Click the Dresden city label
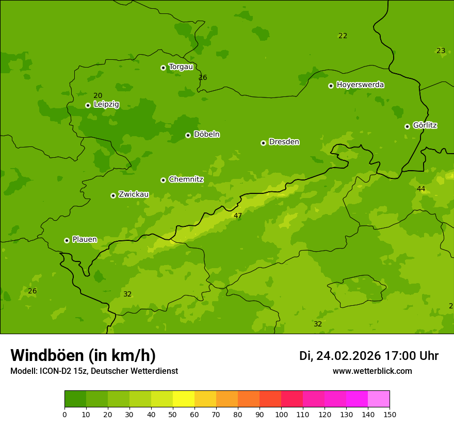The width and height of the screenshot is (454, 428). [284, 142]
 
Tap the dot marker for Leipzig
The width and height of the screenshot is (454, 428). [88, 105]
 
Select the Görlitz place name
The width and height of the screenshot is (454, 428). [425, 125]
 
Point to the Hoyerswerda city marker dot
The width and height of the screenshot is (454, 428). [331, 86]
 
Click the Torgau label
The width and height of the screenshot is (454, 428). [181, 67]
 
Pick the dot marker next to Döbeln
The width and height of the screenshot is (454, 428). [188, 135]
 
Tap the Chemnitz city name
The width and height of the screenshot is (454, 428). [186, 179]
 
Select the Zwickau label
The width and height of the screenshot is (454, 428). [134, 194]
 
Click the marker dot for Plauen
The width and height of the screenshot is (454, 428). [67, 240]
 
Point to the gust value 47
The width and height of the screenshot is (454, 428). [238, 216]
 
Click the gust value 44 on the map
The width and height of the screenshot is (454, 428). [421, 189]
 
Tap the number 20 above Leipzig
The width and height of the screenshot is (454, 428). [98, 95]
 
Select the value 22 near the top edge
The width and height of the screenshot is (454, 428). [343, 36]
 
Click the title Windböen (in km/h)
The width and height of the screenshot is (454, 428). [83, 355]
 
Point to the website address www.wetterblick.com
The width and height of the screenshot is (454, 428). [372, 371]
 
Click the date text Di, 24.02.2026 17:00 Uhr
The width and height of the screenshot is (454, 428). [368, 356]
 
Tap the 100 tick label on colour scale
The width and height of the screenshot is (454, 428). [281, 414]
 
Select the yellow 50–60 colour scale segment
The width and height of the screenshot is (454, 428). [184, 399]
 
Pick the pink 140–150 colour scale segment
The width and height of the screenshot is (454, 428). [379, 399]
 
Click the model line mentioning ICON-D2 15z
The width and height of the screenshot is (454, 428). [94, 371]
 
